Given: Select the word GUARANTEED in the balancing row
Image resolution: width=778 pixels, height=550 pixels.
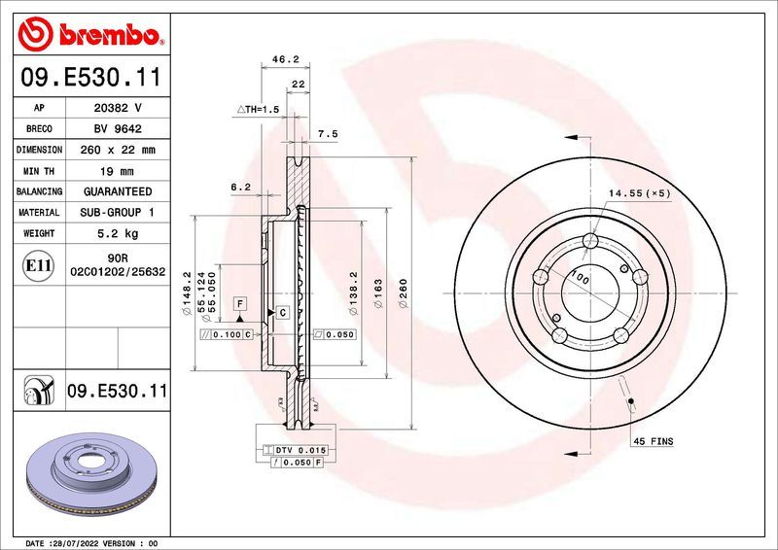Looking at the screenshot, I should click(x=116, y=191).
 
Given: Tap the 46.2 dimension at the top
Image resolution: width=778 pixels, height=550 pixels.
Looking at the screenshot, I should click(x=284, y=59).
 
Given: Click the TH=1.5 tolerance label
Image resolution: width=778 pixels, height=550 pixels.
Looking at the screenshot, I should click(x=259, y=110).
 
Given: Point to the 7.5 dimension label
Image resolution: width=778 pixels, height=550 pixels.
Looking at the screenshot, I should click(x=328, y=134).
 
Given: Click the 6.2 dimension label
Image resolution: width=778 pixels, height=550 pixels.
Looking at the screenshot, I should click(x=240, y=187).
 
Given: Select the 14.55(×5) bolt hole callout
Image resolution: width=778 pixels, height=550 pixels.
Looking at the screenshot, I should click(x=640, y=193).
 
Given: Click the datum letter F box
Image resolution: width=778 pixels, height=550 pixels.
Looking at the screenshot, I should click(x=237, y=304).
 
